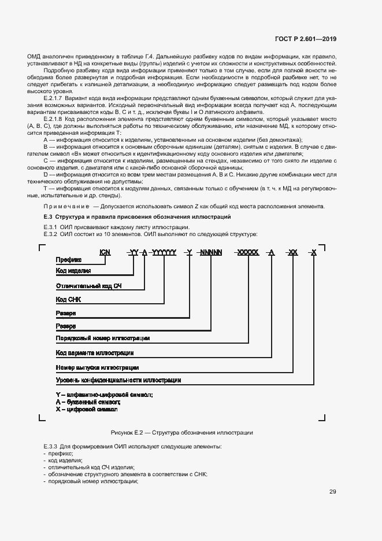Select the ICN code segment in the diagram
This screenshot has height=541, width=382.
pos(105,252)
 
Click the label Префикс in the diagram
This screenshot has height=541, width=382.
pos(68,260)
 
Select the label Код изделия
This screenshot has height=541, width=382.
pos(73,271)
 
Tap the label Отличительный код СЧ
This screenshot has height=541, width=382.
pos(89,286)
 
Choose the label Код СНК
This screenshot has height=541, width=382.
pos(69,300)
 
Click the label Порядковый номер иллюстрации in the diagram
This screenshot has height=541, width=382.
pos(103,338)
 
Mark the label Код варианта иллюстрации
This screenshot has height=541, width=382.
pos(95,352)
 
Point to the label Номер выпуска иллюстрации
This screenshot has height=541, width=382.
pos(97,367)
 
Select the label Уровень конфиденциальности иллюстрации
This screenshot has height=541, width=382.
pos(118,380)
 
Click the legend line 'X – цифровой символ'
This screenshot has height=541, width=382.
pos(86,409)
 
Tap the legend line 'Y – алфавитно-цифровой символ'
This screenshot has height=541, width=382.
pos(104,394)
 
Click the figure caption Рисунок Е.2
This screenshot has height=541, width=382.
pos(181,433)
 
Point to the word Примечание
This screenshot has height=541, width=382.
pos(64,207)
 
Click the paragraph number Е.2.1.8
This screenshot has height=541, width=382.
pos(54,116)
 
